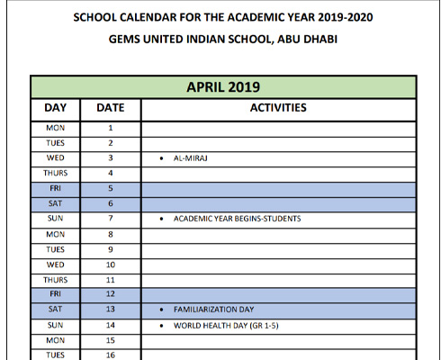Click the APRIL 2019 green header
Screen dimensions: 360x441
click(x=223, y=87)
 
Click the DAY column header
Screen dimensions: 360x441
click(x=55, y=108)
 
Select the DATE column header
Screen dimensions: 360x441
click(x=110, y=108)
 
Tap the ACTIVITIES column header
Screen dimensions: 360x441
click(x=278, y=108)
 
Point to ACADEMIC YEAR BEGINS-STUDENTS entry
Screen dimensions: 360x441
click(x=237, y=219)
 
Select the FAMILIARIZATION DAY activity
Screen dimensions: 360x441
click(x=212, y=310)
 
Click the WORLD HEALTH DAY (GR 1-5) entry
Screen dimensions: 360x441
click(x=226, y=325)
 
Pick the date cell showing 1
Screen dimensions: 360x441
click(x=110, y=128)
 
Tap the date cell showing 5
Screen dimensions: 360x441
click(x=110, y=188)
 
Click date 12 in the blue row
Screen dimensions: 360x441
click(x=110, y=294)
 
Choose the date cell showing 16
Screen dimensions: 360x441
click(x=110, y=355)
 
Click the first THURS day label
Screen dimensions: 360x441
click(x=55, y=173)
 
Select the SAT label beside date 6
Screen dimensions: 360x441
click(x=55, y=203)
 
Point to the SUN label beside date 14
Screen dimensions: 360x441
click(x=55, y=325)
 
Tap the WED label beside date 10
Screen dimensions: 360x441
click(x=55, y=265)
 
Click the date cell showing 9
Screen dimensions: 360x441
click(x=110, y=249)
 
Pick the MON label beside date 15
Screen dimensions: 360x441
click(x=55, y=340)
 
